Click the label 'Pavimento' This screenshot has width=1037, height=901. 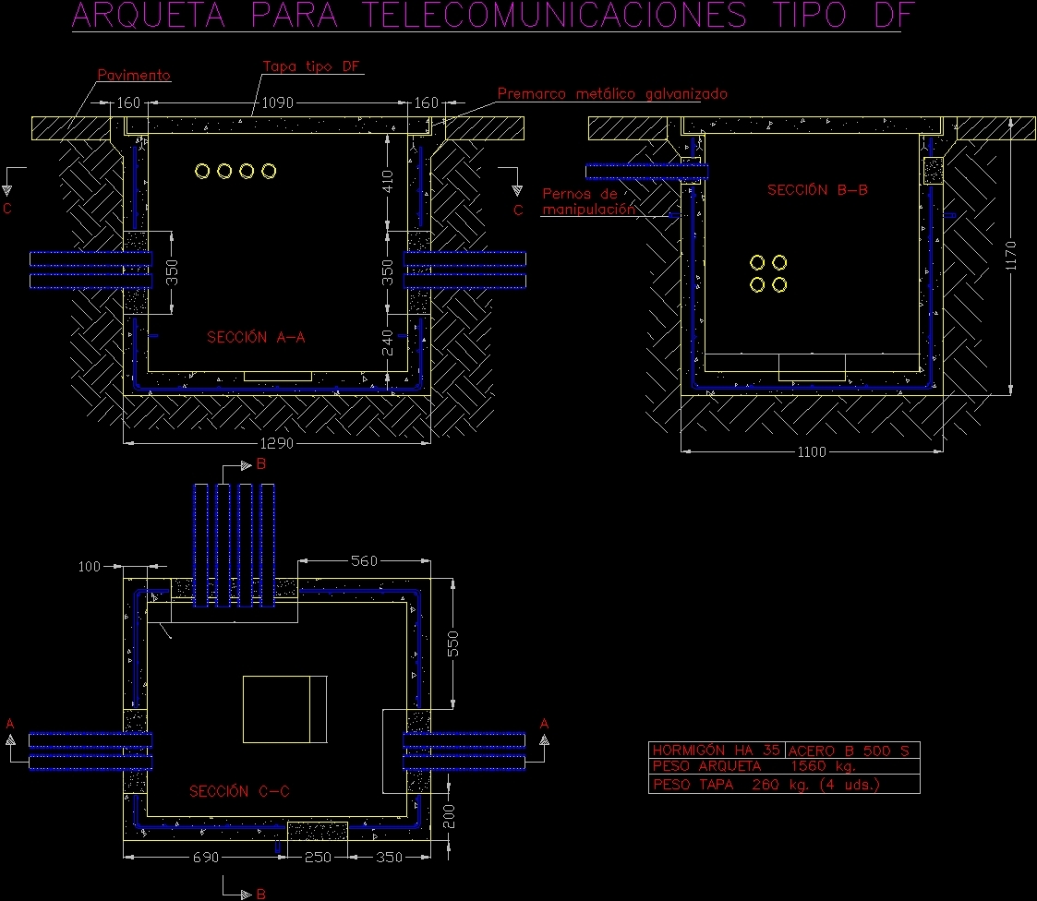point(135,75)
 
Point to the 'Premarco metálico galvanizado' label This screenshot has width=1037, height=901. point(612,94)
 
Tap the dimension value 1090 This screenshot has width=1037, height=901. point(277,103)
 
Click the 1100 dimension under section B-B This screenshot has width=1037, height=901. point(812,452)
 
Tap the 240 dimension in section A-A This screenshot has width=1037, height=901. point(388,342)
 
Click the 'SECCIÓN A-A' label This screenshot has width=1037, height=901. point(256,338)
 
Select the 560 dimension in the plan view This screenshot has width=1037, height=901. point(363,560)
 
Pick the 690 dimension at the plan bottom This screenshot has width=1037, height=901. point(205,858)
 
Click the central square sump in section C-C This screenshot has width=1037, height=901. point(284,709)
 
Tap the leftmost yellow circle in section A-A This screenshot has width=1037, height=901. point(202,171)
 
